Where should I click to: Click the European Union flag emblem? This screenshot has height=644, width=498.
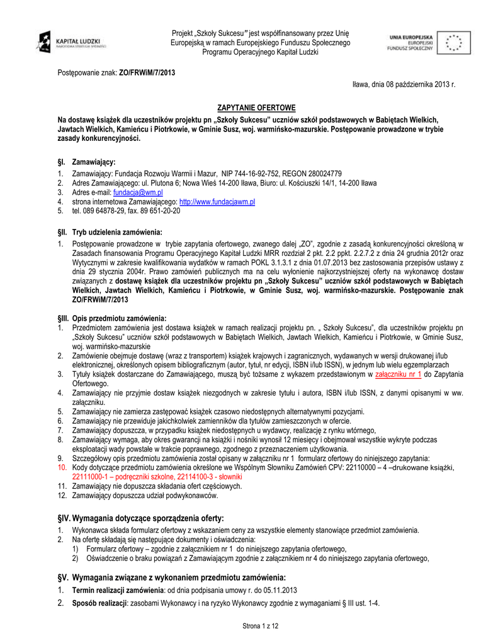point(453,42)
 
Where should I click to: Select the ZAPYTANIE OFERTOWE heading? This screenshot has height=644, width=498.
point(247,108)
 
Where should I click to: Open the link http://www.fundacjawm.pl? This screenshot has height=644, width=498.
point(217,201)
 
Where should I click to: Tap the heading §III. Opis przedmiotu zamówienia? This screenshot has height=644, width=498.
point(112,318)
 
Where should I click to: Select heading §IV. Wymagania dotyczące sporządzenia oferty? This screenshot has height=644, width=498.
point(140,518)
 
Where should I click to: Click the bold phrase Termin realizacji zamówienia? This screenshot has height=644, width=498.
point(118,590)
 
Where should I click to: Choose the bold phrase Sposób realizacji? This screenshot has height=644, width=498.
point(99,602)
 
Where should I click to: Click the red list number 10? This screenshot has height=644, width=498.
point(62,468)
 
